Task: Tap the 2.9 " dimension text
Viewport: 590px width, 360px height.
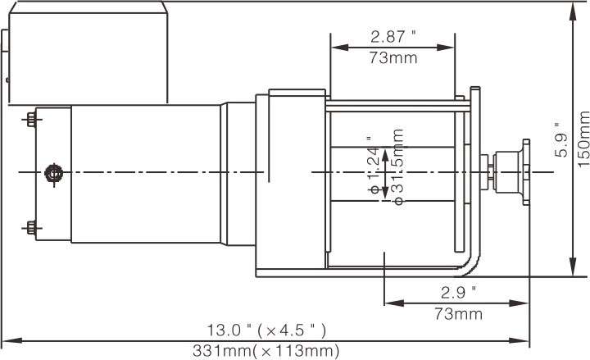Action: click(457, 292)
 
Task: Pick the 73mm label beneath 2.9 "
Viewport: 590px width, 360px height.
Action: click(457, 313)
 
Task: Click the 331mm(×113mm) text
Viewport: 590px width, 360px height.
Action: click(266, 351)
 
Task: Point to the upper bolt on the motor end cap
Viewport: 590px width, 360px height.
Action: click(31, 120)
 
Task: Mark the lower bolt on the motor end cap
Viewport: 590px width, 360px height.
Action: click(31, 226)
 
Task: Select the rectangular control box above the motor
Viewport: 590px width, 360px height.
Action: click(86, 53)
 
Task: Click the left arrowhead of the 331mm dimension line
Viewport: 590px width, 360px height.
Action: click(7, 339)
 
